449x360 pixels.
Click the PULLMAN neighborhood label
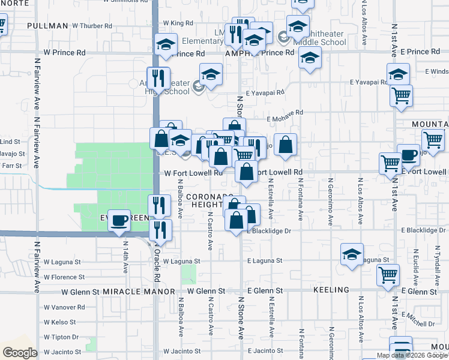point(48,26)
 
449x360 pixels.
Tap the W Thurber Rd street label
point(92,26)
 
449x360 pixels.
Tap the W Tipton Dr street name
point(62,337)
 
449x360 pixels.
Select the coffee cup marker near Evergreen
point(120,220)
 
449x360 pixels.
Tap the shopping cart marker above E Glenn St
point(388,275)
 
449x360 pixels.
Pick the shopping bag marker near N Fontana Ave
point(287,144)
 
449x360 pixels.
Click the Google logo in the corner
point(20,353)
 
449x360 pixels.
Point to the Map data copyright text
point(412,355)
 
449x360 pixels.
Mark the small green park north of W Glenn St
point(188,275)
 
